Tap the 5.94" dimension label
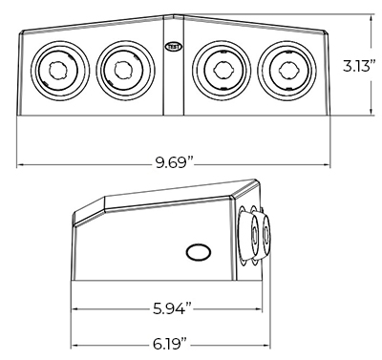click(x=173, y=308)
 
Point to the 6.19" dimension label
click(x=169, y=345)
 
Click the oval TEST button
click(x=174, y=47)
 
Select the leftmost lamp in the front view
click(x=59, y=70)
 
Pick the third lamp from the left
click(x=222, y=70)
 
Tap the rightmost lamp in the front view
click(x=286, y=70)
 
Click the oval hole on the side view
click(x=199, y=253)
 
